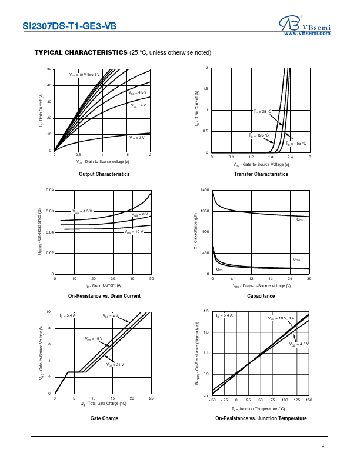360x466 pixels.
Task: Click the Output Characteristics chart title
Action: pos(104,174)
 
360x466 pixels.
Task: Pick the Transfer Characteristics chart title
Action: pos(261,174)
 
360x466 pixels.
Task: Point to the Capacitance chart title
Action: pos(261,296)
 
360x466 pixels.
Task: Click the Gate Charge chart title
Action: pos(104,418)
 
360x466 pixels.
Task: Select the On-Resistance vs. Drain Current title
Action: pos(104,296)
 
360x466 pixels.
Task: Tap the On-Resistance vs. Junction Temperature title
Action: pos(261,418)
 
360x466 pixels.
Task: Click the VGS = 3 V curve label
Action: pos(137,138)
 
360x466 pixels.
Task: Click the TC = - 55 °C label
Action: pos(296,143)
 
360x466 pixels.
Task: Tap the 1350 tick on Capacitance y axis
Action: pos(205,211)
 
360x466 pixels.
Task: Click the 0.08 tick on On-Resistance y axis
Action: pos(49,191)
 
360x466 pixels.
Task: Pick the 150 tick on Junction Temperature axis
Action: pos(309,399)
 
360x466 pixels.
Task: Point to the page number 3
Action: pos(323,444)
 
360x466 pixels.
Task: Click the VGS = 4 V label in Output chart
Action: pos(138,106)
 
